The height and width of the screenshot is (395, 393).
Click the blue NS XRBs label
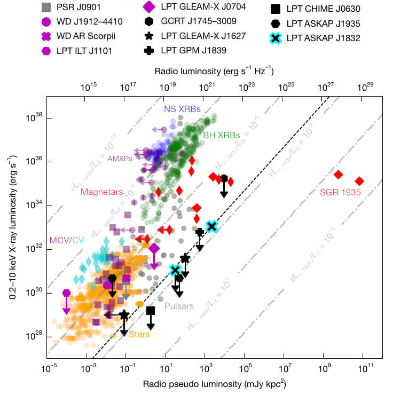pos(182,109)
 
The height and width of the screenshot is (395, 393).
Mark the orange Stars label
pos(139,335)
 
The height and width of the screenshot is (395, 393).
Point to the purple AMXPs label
pos(120,158)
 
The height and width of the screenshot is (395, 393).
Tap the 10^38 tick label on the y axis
pos(34,118)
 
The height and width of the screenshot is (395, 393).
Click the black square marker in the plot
pos(151,311)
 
